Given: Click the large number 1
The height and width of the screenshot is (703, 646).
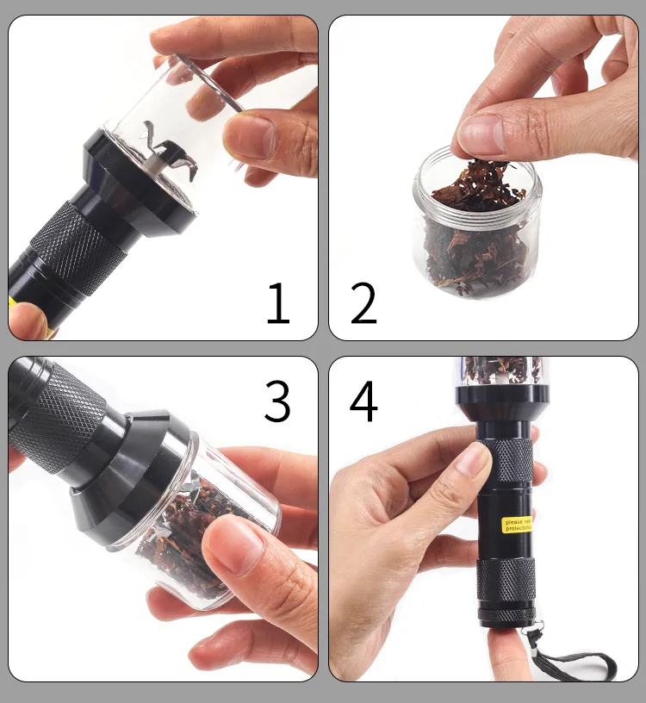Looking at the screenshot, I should click(277, 304).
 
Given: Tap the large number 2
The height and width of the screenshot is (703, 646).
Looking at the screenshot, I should click(363, 304).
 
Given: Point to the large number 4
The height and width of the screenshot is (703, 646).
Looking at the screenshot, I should click(363, 401).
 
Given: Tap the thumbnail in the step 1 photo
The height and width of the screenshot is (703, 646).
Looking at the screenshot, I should click(252, 136).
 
